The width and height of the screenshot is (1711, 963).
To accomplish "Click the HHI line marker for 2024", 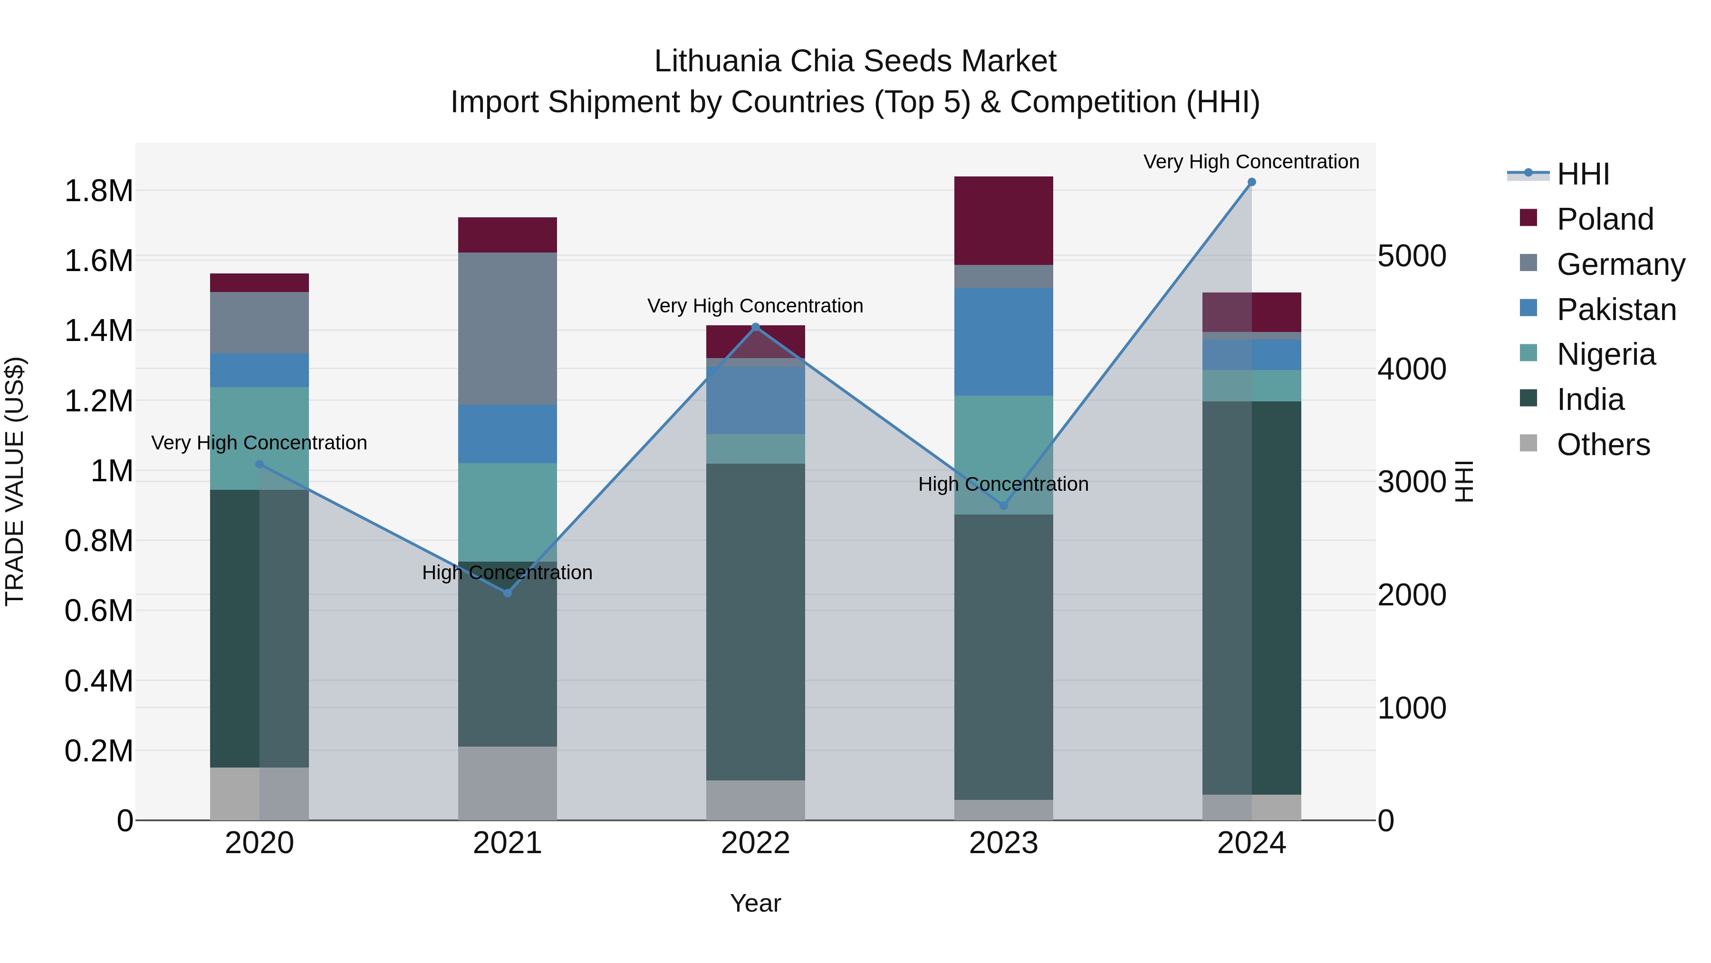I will click(x=1251, y=182).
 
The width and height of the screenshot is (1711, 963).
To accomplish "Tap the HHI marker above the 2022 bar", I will click(x=755, y=327).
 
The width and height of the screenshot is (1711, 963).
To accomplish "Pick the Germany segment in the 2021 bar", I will click(x=508, y=328).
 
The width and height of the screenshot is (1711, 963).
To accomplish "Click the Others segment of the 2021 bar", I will click(x=508, y=783).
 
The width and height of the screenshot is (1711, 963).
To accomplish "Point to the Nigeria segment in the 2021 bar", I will click(x=508, y=512).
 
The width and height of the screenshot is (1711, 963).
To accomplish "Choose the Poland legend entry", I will click(x=1605, y=219).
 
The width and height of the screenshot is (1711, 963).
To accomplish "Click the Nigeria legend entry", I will click(x=1606, y=354).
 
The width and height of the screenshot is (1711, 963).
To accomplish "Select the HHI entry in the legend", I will click(x=1582, y=174).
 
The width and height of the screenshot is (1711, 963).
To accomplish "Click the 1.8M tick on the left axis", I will click(x=98, y=191).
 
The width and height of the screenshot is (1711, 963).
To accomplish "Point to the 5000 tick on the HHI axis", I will click(x=1412, y=256).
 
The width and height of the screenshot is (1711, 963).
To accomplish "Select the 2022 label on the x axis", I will click(x=755, y=843).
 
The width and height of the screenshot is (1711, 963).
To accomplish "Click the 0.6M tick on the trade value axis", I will click(x=98, y=611).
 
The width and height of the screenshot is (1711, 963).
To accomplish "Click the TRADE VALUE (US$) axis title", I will click(x=15, y=481).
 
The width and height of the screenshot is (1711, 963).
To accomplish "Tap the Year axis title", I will click(x=755, y=903).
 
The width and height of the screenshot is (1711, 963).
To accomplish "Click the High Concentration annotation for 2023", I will click(x=1003, y=484).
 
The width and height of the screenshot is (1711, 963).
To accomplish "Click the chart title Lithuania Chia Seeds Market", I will click(x=855, y=61).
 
